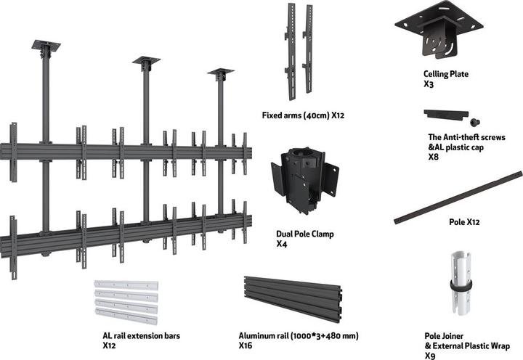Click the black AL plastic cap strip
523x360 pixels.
pos(445,115)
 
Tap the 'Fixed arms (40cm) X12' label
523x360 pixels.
pos(302,115)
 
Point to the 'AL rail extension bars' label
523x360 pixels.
pos(141,336)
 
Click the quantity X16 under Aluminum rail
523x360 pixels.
pos(246,346)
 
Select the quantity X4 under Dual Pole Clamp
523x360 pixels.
pos(281,245)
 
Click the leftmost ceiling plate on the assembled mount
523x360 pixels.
pos(46,46)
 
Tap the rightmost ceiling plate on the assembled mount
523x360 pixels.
pos(220,73)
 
